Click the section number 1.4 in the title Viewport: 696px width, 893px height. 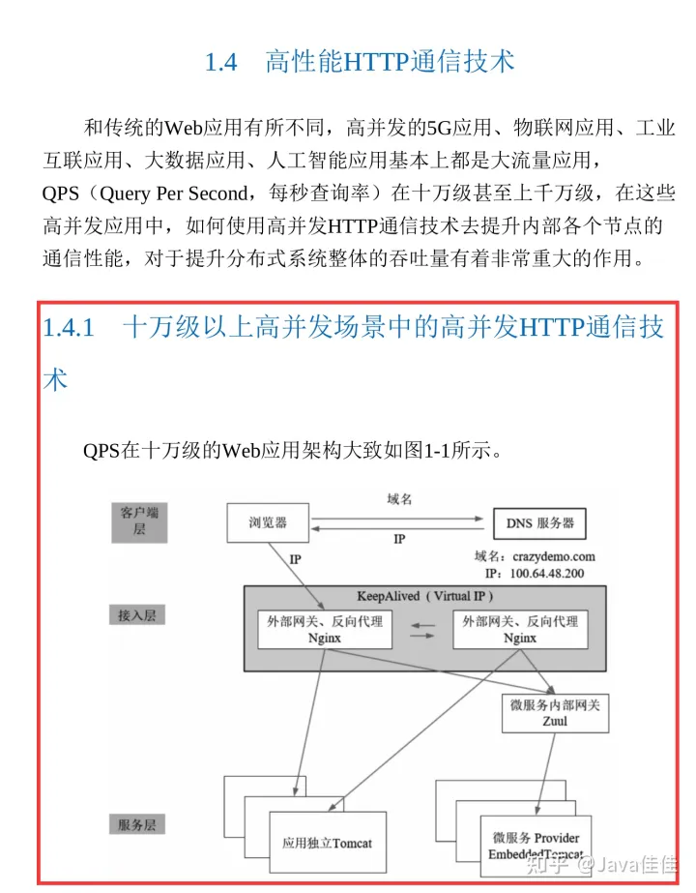click(x=220, y=63)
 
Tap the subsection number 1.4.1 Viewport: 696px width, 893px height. click(x=68, y=328)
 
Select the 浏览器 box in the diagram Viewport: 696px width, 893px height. click(x=268, y=523)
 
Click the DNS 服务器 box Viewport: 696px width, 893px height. click(x=539, y=523)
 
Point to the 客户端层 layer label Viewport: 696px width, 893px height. click(x=139, y=520)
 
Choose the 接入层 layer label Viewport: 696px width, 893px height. click(x=136, y=614)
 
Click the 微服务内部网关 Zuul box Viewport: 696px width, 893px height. click(x=554, y=713)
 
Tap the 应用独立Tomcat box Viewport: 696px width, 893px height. click(x=326, y=843)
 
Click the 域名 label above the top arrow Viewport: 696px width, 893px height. click(x=399, y=499)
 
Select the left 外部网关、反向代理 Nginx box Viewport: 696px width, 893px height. click(x=325, y=630)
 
